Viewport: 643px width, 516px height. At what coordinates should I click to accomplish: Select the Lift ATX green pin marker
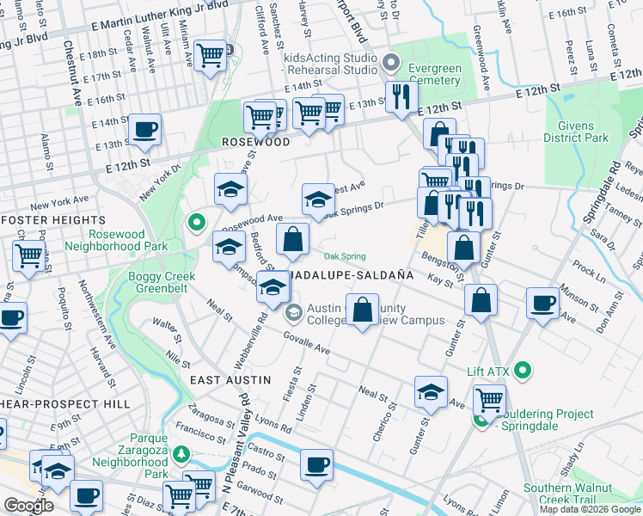pyautogui.click(x=521, y=372)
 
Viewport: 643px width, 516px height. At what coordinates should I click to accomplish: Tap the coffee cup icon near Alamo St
pyautogui.click(x=144, y=130)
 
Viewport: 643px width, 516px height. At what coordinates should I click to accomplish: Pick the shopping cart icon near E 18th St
pyautogui.click(x=210, y=56)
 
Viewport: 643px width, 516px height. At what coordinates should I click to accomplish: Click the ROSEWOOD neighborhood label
pyautogui.click(x=255, y=142)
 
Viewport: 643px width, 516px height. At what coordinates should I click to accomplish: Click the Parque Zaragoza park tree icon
pyautogui.click(x=181, y=453)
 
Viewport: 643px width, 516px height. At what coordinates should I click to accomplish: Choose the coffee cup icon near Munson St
pyautogui.click(x=543, y=304)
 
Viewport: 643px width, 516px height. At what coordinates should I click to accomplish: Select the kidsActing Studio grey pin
pyautogui.click(x=392, y=62)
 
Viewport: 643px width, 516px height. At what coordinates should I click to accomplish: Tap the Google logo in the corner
pyautogui.click(x=28, y=506)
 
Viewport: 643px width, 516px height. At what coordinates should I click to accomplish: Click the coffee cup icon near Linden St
pyautogui.click(x=316, y=464)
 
